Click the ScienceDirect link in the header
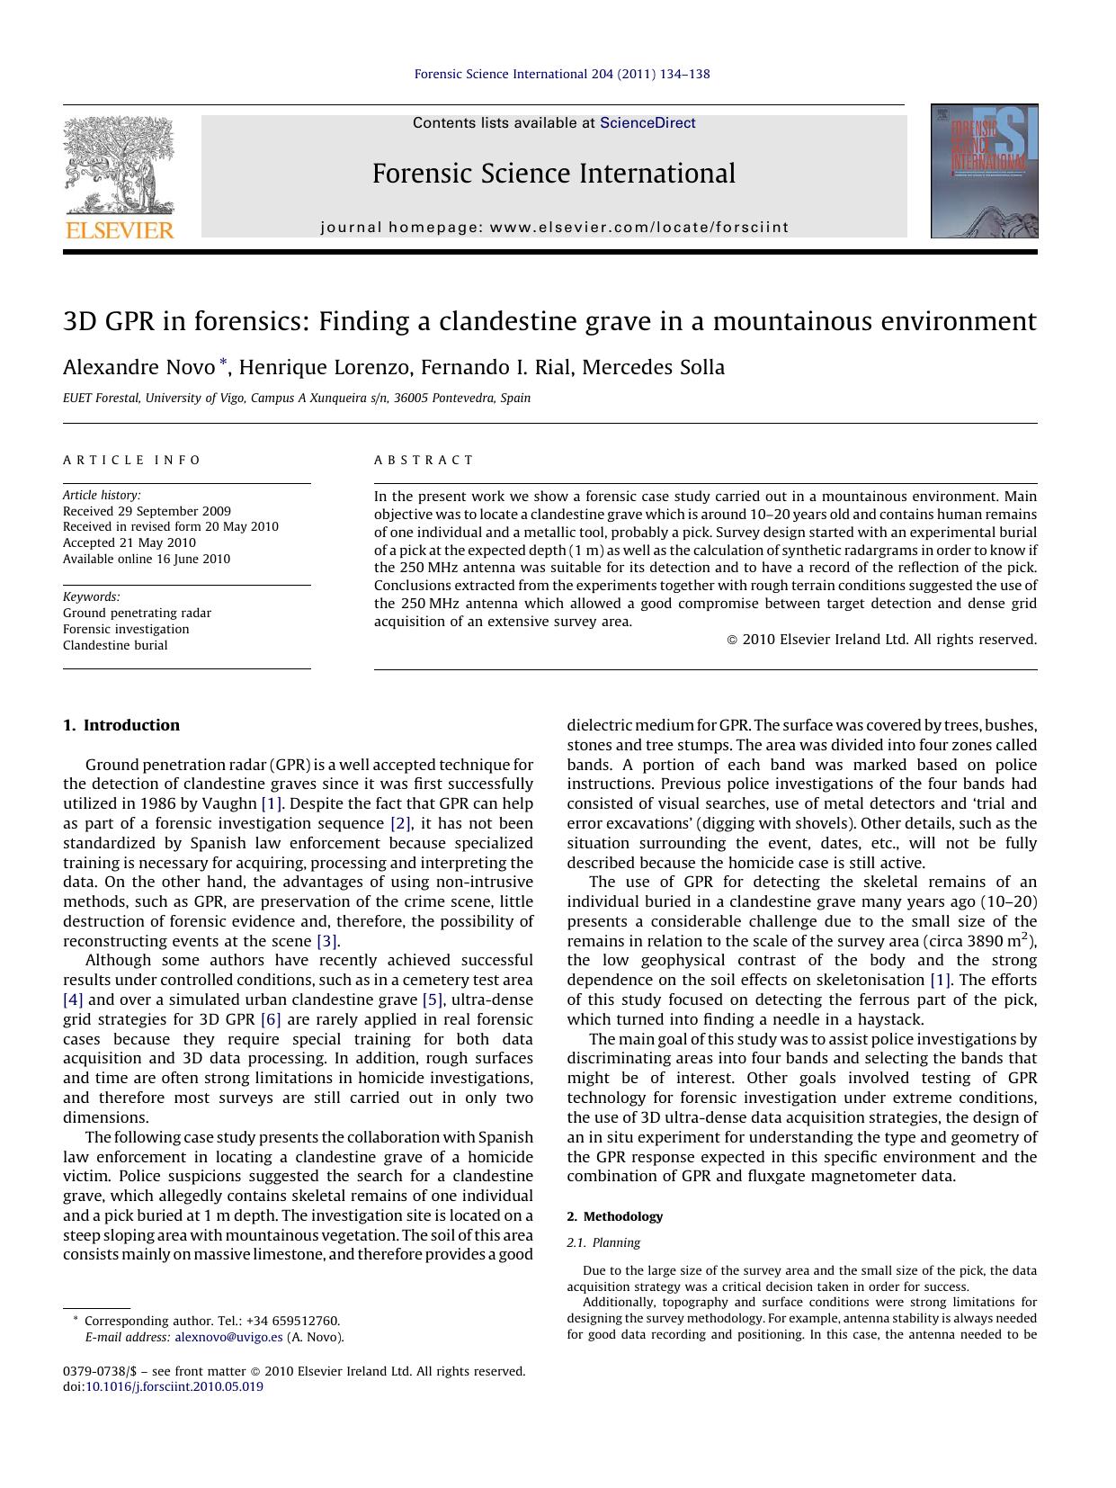tap(647, 123)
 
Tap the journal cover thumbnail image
tap(984, 171)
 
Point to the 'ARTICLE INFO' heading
tap(132, 460)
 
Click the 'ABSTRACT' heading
tap(424, 460)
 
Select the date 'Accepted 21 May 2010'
tap(129, 542)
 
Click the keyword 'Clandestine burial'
tap(115, 645)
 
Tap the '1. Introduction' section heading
tap(121, 725)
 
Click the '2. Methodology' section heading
tap(614, 1216)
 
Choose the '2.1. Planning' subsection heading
tap(603, 1242)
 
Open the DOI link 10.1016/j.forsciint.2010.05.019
tap(174, 1386)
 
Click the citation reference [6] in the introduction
tap(271, 1019)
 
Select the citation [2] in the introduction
tap(400, 823)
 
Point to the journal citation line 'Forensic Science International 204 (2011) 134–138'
tap(561, 74)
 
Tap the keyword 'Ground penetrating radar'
tap(137, 613)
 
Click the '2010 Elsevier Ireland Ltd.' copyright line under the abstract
tap(881, 640)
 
